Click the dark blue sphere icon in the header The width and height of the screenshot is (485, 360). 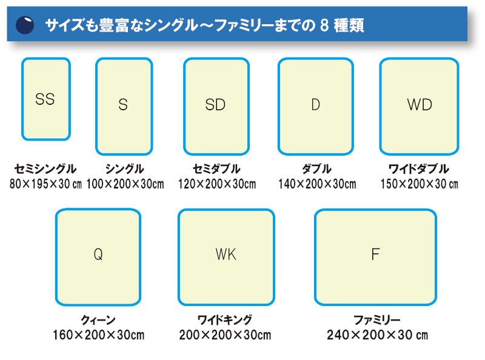(x=25, y=25)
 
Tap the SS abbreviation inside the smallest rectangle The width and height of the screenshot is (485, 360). (x=45, y=99)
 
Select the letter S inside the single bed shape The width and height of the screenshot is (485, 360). (x=123, y=105)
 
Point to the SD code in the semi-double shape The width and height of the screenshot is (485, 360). (x=215, y=105)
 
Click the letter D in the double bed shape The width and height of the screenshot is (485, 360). (x=315, y=105)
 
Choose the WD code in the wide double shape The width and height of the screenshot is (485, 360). (x=419, y=105)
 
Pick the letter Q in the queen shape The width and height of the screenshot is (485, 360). (x=98, y=255)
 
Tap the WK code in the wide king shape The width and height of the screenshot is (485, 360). (x=226, y=255)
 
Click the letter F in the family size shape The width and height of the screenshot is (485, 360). (x=375, y=255)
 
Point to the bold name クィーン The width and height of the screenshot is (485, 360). (x=98, y=320)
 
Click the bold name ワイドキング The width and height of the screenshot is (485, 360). (x=225, y=320)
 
